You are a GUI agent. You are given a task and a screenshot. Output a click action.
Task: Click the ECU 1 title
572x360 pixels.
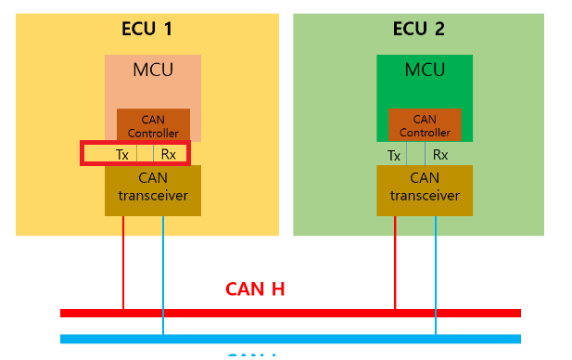pyautogui.click(x=146, y=29)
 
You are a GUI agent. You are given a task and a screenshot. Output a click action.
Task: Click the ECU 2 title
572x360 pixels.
pyautogui.click(x=418, y=29)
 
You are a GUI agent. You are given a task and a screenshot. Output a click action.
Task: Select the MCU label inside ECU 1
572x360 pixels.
pyautogui.click(x=152, y=70)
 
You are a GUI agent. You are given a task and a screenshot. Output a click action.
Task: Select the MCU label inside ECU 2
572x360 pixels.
pyautogui.click(x=425, y=70)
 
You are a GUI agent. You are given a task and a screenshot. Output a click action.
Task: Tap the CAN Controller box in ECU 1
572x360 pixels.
pyautogui.click(x=153, y=126)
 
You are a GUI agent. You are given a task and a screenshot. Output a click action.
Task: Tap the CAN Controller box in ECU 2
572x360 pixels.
pyautogui.click(x=425, y=126)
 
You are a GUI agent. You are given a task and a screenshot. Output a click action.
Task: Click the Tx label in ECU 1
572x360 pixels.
pyautogui.click(x=122, y=155)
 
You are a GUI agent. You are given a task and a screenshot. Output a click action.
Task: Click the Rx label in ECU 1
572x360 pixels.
pyautogui.click(x=168, y=155)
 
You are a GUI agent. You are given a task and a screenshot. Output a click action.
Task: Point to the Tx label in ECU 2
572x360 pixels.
pyautogui.click(x=394, y=156)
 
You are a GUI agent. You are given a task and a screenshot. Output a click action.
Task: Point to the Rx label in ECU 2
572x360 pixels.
pyautogui.click(x=440, y=156)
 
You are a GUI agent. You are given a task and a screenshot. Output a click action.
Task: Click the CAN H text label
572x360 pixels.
pyautogui.click(x=255, y=289)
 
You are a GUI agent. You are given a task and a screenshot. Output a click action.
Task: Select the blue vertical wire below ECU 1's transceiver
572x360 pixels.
pyautogui.click(x=163, y=269)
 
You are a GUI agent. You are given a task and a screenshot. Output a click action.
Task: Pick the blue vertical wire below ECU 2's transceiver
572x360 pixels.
pyautogui.click(x=436, y=269)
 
